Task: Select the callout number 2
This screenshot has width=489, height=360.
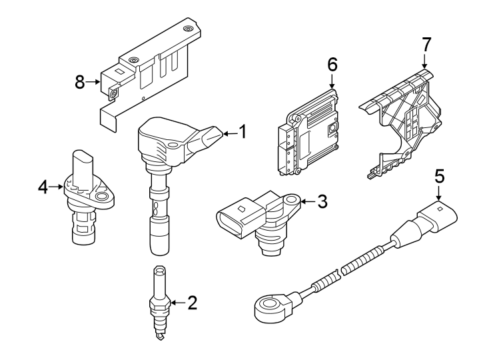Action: point(193,303)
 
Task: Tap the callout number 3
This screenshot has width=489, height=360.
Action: point(322,201)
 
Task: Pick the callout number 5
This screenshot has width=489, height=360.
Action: point(439,177)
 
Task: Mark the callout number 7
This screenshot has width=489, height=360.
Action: point(426,45)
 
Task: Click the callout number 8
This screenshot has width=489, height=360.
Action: point(80,82)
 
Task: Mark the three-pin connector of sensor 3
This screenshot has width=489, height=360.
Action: point(234,221)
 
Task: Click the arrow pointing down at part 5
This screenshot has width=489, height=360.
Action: point(439,195)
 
